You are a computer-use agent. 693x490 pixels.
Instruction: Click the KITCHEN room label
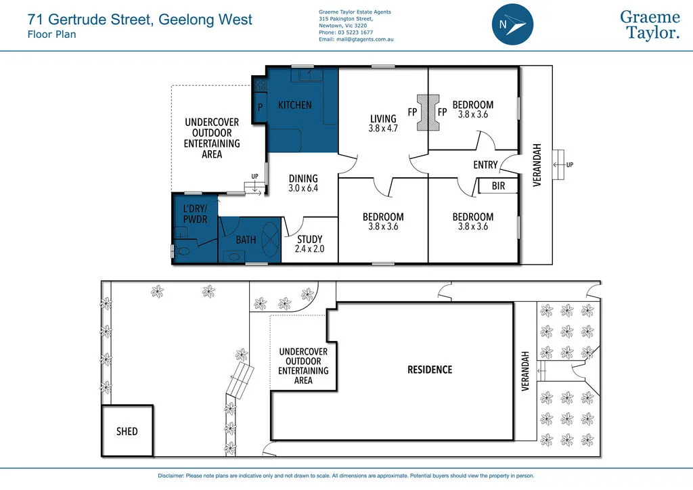point(295,105)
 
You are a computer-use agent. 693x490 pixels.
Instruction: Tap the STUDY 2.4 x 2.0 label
point(309,244)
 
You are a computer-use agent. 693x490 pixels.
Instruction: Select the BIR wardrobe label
point(498,185)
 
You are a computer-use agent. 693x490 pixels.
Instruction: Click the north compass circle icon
point(512,24)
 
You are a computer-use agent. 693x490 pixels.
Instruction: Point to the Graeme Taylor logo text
point(650,25)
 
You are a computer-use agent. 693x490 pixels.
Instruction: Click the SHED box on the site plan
point(127,431)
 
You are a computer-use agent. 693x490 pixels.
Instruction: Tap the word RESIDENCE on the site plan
point(429,370)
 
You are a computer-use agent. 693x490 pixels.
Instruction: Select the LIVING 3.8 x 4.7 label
point(382,123)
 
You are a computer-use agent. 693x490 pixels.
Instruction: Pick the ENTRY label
point(485,164)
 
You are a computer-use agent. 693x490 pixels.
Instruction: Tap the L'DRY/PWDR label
point(195,215)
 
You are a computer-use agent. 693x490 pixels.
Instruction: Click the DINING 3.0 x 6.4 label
point(303,183)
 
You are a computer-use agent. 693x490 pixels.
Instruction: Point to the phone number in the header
point(346,32)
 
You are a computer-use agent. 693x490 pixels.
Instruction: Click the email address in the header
point(356,39)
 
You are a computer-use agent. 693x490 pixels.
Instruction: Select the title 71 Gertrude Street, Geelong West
point(139,20)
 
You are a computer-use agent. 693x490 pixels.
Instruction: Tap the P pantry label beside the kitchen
point(259,108)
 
